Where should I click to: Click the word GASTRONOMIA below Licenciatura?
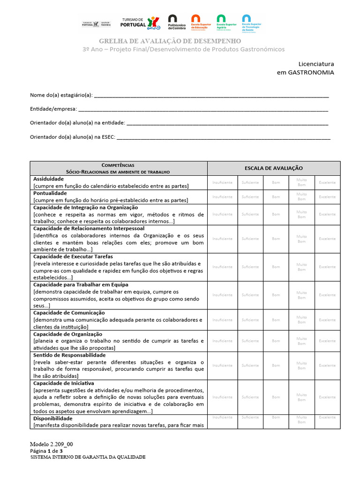[311, 73]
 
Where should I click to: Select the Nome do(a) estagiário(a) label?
[61, 95]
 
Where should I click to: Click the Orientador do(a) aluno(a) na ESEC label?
[72, 138]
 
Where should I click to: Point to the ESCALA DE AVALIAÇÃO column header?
[274, 168]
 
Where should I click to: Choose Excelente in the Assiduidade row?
[327, 182]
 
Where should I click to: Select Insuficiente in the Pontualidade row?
[222, 197]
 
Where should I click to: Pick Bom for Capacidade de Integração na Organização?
[276, 214]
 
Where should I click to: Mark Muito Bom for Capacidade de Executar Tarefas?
[302, 267]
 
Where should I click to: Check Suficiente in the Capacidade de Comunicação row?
[250, 320]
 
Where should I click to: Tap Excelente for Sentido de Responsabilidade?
[327, 365]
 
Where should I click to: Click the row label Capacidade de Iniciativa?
[64, 383]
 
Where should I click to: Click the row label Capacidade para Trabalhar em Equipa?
[81, 285]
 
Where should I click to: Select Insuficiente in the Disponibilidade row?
[222, 417]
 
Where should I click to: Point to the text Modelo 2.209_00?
[52, 444]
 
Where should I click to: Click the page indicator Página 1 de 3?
[46, 450]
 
